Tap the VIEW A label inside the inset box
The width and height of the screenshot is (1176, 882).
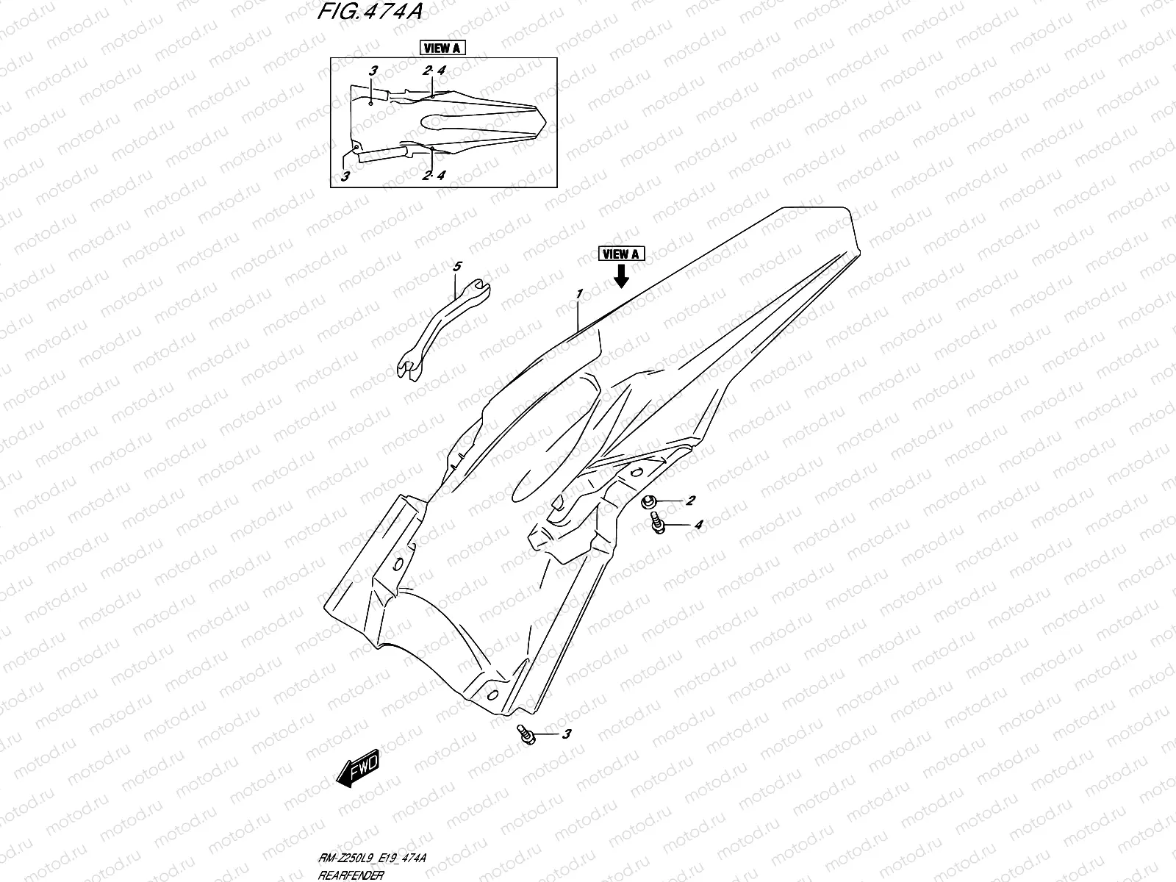click(442, 49)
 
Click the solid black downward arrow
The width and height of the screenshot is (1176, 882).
click(621, 276)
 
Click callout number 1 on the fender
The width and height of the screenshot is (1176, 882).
click(580, 293)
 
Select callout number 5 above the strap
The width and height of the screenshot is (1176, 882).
click(456, 267)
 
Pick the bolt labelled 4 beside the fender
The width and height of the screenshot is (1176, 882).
click(658, 525)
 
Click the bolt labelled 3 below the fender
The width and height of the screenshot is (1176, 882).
click(525, 734)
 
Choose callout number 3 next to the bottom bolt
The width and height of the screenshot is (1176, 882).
click(566, 734)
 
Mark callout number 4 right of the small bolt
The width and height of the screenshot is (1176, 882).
click(698, 525)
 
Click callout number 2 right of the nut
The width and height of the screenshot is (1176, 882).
click(690, 501)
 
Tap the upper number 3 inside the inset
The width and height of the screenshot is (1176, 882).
click(373, 71)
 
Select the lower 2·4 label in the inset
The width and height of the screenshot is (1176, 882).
click(434, 175)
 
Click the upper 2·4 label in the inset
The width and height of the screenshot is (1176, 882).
click(434, 71)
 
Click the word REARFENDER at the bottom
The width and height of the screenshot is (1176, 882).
click(350, 875)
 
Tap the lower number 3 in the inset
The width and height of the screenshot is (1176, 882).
click(345, 176)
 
